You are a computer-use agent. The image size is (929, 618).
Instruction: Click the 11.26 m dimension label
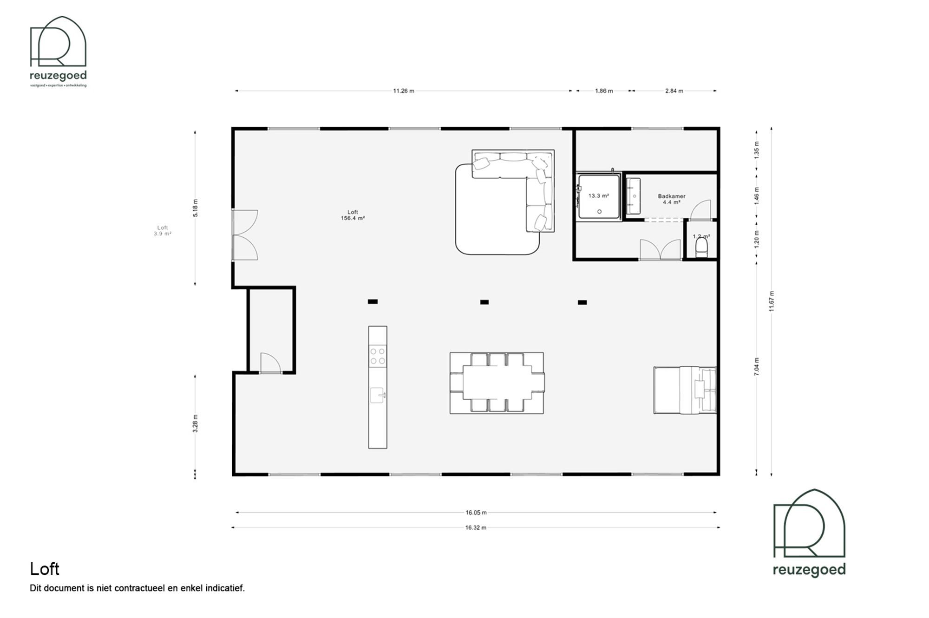pyautogui.click(x=403, y=91)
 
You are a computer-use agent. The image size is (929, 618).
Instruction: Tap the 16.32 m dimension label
pyautogui.click(x=476, y=527)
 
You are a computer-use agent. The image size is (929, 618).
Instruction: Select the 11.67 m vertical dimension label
pyautogui.click(x=772, y=301)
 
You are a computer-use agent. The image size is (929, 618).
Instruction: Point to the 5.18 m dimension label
pyautogui.click(x=195, y=208)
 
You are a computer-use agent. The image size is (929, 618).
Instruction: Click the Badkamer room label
pyautogui.click(x=671, y=196)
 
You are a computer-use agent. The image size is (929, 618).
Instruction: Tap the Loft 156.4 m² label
pyautogui.click(x=353, y=215)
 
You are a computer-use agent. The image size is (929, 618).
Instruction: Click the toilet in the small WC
pyautogui.click(x=701, y=247)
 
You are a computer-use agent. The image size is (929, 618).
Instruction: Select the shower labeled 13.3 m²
pyautogui.click(x=599, y=196)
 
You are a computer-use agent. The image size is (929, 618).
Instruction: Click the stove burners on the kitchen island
pyautogui.click(x=377, y=356)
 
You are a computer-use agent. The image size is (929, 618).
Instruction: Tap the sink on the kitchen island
pyautogui.click(x=377, y=395)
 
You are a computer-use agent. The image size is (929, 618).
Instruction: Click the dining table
pyautogui.click(x=497, y=383)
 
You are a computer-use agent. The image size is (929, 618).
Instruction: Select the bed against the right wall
pyautogui.click(x=685, y=390)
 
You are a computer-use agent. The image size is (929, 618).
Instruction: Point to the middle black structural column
pyautogui.click(x=484, y=302)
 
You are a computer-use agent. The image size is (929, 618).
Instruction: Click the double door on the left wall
pyautogui.click(x=244, y=234)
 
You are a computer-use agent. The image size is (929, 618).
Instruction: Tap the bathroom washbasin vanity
pyautogui.click(x=633, y=196)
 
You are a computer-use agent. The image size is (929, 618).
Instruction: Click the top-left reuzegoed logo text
pyautogui.click(x=58, y=76)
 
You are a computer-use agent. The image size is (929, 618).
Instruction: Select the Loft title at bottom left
pyautogui.click(x=45, y=569)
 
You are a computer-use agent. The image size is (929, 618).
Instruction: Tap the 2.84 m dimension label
pyautogui.click(x=674, y=91)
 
